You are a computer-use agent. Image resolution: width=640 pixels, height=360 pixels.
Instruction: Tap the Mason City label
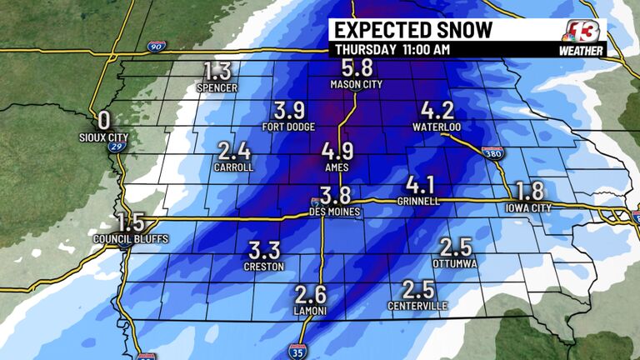pyautogui.click(x=356, y=85)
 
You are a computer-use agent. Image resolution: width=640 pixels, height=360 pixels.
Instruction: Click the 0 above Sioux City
pyautogui.click(x=104, y=119)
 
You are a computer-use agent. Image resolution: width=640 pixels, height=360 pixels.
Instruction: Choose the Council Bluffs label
pyautogui.click(x=131, y=239)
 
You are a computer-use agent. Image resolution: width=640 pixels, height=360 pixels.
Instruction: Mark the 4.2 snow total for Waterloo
pyautogui.click(x=437, y=111)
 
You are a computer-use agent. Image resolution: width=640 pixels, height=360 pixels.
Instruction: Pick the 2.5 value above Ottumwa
pyautogui.click(x=455, y=247)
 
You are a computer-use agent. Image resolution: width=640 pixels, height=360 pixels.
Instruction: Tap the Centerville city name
pyautogui.click(x=417, y=306)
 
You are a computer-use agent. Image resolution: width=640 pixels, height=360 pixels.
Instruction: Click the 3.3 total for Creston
pyautogui.click(x=265, y=250)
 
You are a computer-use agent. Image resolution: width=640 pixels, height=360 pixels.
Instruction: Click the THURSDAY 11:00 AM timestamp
pyautogui.click(x=392, y=49)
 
